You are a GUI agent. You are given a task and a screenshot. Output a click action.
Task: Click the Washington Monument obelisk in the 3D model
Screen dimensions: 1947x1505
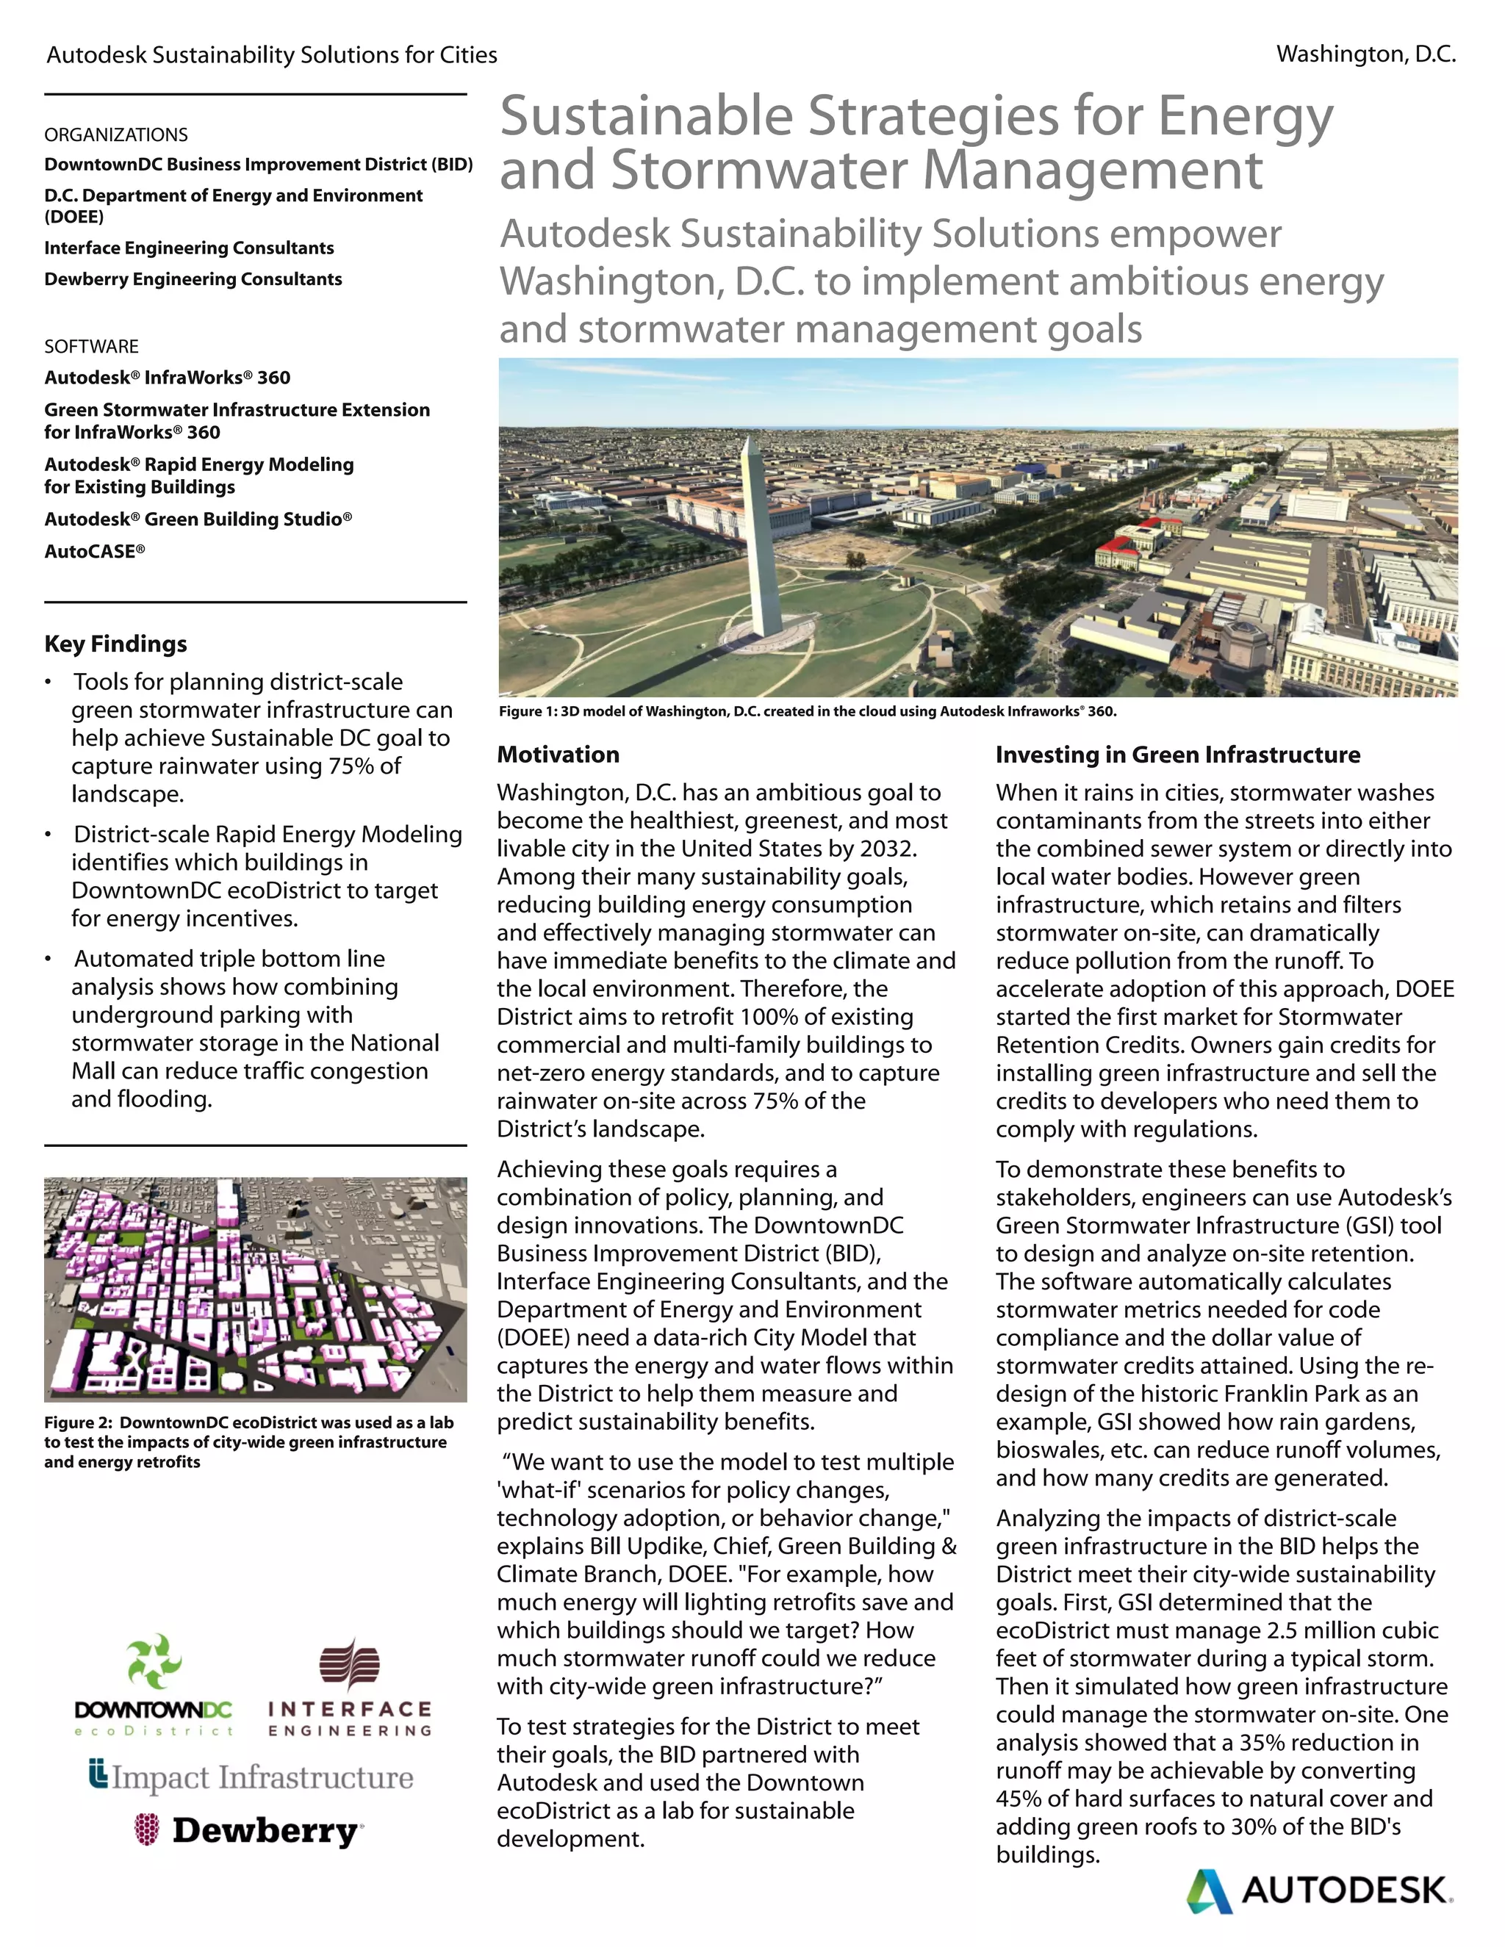tap(757, 544)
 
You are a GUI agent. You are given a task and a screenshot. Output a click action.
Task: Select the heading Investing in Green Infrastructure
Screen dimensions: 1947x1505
tap(1177, 755)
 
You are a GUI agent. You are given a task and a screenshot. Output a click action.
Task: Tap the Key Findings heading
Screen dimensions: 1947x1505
tap(116, 644)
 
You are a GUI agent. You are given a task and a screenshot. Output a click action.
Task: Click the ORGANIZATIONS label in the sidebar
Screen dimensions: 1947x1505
tap(116, 134)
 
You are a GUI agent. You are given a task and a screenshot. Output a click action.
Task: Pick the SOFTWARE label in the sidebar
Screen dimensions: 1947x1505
tap(92, 346)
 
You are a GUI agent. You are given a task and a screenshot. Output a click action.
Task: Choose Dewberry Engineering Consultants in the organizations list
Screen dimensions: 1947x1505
tap(193, 279)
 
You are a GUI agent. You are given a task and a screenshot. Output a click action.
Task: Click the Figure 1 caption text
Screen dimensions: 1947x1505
tap(807, 710)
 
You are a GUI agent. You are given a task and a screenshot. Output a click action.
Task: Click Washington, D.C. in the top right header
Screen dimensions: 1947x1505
tap(1365, 54)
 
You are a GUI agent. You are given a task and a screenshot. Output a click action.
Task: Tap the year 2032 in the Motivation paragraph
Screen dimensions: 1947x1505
tap(886, 849)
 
